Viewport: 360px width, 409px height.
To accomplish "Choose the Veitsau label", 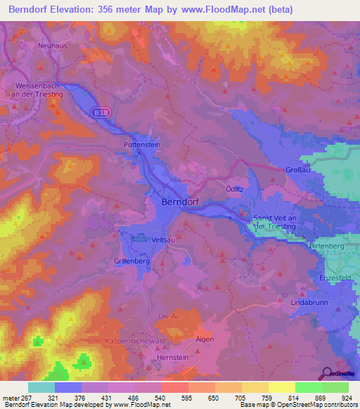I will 162,240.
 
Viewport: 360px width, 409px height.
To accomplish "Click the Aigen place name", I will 205,339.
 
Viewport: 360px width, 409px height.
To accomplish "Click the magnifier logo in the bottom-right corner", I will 328,374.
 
